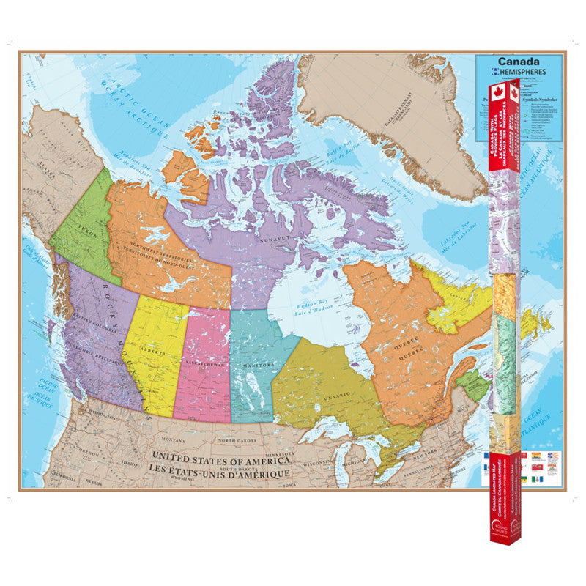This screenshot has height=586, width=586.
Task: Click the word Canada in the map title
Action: pos(519,62)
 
